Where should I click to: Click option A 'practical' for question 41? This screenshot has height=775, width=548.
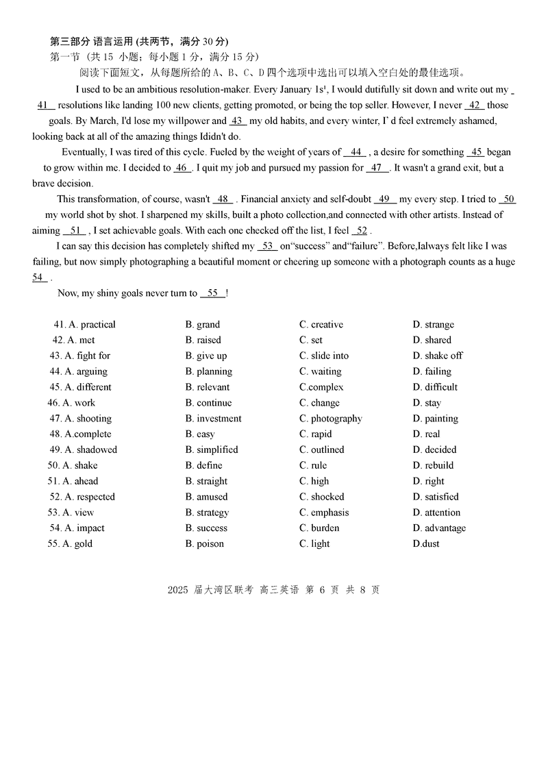point(92,325)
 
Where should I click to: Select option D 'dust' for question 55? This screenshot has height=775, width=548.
point(426,544)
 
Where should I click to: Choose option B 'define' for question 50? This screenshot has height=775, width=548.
point(203,465)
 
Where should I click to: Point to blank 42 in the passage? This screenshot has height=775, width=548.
point(475,106)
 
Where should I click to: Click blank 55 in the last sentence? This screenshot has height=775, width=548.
point(212,293)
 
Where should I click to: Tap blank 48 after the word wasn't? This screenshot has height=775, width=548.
point(223,199)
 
